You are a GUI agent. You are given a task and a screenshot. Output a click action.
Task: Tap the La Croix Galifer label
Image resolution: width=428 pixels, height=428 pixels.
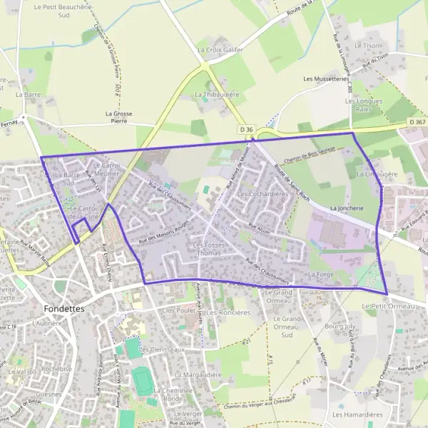pos(220,50)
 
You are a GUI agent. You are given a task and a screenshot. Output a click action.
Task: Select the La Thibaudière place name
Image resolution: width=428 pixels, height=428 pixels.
pos(217,94)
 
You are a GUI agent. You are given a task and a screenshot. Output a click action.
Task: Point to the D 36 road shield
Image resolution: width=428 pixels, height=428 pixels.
pos(246,128)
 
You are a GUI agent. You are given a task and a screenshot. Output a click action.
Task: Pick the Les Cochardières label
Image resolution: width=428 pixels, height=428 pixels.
pos(262,194)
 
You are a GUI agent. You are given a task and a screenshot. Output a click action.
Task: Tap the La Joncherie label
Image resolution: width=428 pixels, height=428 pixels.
pos(347,208)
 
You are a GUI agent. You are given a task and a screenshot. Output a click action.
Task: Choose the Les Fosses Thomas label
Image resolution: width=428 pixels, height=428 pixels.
pos(209,249)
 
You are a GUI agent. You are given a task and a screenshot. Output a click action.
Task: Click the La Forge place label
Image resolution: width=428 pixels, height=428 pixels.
pos(321,274)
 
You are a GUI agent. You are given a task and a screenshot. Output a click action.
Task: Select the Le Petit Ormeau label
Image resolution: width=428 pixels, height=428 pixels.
pos(387,305)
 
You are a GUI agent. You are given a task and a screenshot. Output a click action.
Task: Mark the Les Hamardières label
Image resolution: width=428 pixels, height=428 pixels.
pos(358,414)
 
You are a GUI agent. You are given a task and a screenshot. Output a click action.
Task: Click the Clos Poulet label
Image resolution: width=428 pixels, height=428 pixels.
pos(179,311)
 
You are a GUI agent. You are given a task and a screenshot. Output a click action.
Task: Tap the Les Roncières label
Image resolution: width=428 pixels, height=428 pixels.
pos(228,312)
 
